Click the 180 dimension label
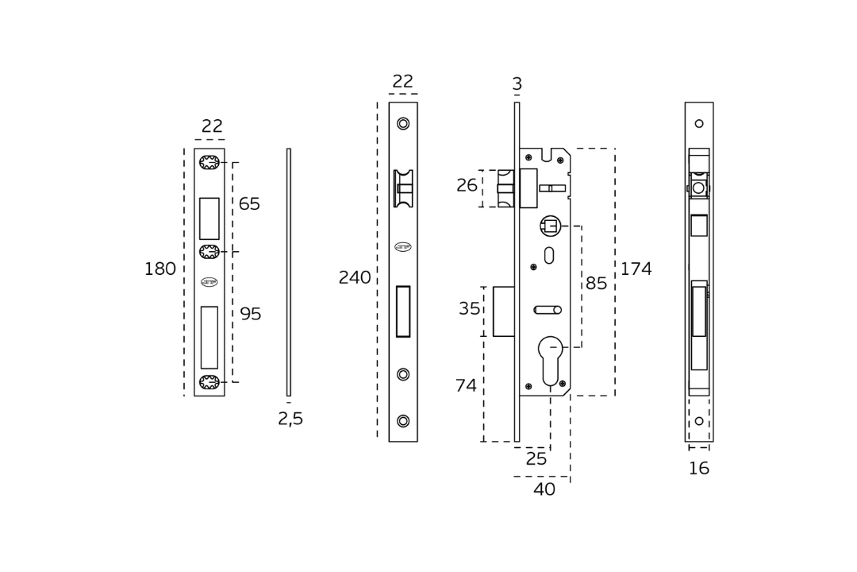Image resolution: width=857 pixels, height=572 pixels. (160, 269)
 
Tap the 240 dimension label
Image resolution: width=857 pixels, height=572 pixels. (355, 277)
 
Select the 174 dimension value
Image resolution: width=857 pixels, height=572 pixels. (636, 269)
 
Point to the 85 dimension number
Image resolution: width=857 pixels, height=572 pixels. (596, 283)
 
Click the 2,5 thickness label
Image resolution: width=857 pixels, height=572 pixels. (290, 419)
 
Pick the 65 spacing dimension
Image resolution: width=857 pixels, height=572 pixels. (249, 203)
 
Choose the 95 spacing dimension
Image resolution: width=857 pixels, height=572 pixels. (251, 314)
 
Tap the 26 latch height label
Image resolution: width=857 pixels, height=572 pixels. (467, 186)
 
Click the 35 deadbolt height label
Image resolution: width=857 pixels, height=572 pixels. (470, 309)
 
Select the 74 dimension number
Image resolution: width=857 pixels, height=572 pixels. (467, 386)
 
